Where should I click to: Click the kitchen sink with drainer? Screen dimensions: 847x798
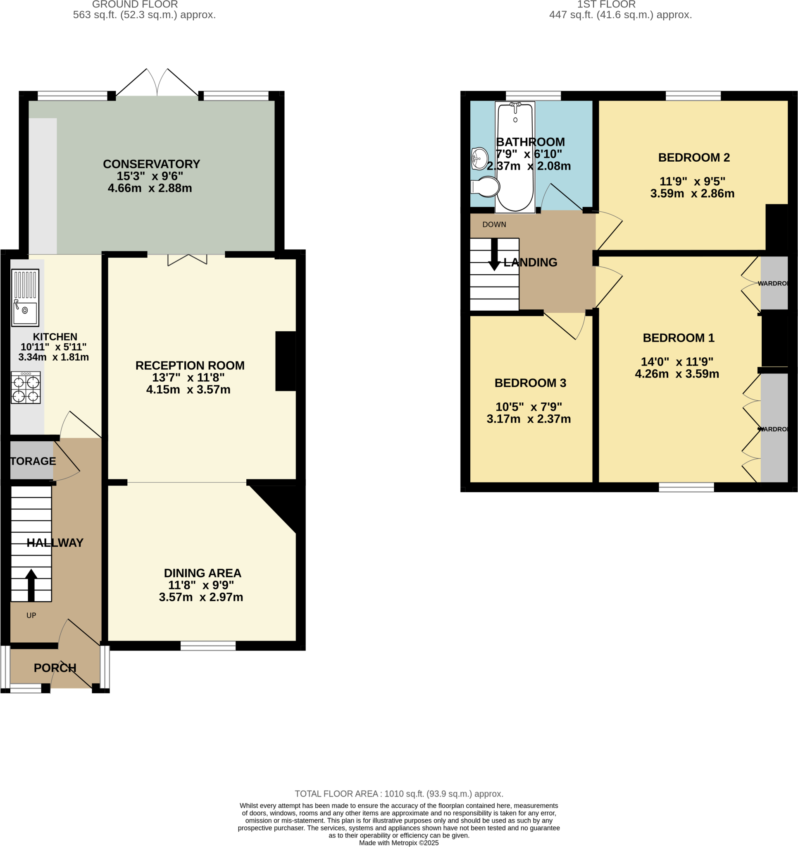[25, 297]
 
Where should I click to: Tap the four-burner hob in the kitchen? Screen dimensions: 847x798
[26, 387]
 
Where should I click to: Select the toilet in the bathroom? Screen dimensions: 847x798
[486, 187]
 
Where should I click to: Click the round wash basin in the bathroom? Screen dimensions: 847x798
[479, 158]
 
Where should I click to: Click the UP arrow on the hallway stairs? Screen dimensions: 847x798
[31, 584]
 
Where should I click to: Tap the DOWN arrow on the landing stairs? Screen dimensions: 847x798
[494, 255]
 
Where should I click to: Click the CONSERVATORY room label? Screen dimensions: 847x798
[151, 164]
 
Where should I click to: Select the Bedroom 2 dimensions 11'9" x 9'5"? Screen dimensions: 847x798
[692, 182]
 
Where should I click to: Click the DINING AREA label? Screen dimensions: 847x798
[202, 573]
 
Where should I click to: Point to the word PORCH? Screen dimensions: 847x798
[55, 668]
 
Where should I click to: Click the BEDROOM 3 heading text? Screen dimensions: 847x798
[530, 383]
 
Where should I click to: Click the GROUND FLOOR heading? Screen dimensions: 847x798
[135, 5]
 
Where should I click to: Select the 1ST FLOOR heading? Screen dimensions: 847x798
[606, 5]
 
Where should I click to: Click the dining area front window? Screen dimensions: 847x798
[208, 646]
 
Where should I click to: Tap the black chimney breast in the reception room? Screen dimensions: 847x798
[285, 361]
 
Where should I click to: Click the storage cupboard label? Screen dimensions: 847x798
[33, 461]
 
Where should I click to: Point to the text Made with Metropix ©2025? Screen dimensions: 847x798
[398, 843]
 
